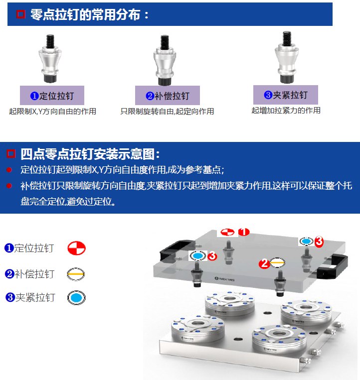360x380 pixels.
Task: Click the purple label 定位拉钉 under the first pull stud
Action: click(52, 96)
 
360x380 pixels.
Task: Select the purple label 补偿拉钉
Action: click(168, 96)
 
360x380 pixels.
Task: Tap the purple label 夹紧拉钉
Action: click(286, 95)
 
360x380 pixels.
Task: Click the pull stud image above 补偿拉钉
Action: click(165, 60)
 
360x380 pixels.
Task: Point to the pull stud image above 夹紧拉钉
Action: click(287, 57)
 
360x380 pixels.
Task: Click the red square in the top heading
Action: click(21, 14)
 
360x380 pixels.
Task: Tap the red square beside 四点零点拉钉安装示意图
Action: click(11, 154)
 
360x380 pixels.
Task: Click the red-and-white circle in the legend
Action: click(76, 248)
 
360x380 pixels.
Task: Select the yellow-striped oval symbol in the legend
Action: click(76, 274)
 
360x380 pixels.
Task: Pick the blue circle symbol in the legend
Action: click(76, 298)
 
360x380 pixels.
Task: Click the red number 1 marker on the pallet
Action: click(244, 232)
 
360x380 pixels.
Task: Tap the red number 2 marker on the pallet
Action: click(264, 263)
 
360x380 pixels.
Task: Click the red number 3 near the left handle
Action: click(212, 256)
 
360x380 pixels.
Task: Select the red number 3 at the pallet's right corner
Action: click(319, 242)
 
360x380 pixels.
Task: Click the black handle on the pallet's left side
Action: click(174, 251)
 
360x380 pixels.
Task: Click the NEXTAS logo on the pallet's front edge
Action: click(225, 279)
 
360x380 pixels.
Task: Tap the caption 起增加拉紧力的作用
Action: click(286, 111)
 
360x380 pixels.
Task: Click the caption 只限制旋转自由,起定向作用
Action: click(167, 112)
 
